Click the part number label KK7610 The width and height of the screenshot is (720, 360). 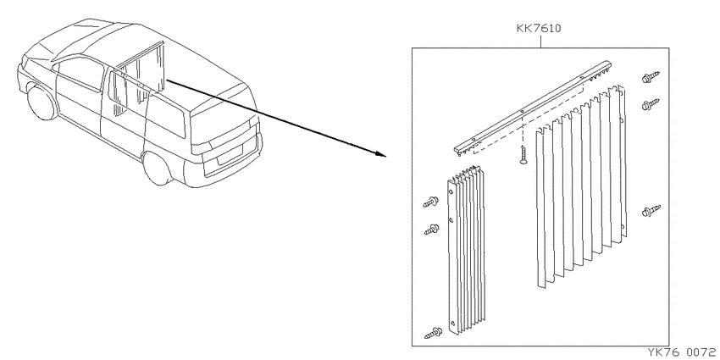[539, 29]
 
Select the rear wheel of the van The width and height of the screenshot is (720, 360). [158, 169]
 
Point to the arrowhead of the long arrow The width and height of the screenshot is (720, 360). [381, 153]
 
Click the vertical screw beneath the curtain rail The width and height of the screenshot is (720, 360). [523, 155]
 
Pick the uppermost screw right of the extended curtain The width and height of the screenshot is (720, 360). [651, 77]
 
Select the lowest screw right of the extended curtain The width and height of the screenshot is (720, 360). [651, 211]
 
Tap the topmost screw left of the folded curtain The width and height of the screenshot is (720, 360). [430, 202]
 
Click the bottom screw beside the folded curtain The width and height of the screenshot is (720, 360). [433, 333]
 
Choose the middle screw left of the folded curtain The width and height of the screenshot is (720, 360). [431, 230]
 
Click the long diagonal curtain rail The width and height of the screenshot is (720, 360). [533, 108]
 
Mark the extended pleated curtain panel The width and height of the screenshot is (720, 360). [581, 186]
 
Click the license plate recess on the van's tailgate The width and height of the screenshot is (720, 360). [230, 155]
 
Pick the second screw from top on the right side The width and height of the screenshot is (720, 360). [651, 105]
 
